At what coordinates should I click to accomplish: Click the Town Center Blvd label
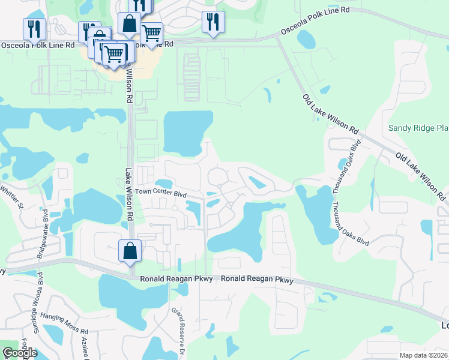click(160, 192)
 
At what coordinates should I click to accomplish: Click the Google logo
click(19, 353)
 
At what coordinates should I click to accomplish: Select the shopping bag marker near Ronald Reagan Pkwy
click(130, 250)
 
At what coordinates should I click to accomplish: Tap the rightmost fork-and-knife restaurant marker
click(213, 22)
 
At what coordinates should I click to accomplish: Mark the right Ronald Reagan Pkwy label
click(258, 280)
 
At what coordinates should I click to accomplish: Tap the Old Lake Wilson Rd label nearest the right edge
click(422, 175)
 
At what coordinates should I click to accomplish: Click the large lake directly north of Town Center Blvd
click(188, 132)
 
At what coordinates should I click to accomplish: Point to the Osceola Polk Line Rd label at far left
click(38, 45)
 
